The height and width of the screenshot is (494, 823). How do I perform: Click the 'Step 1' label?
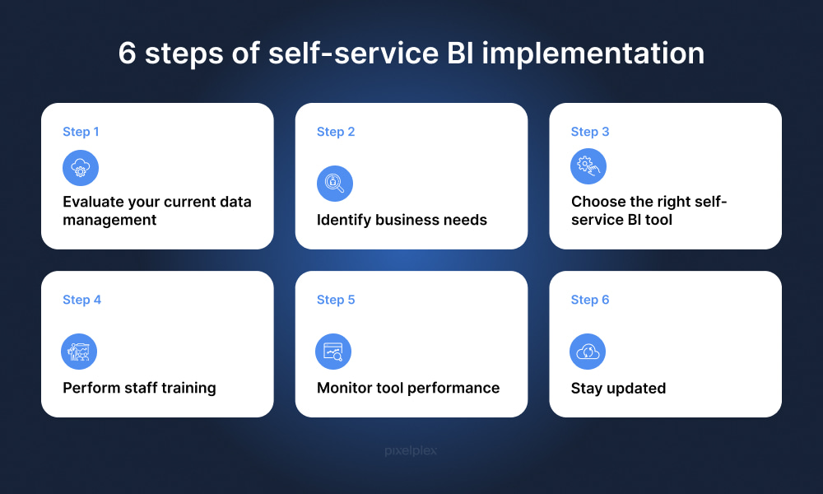click(x=81, y=132)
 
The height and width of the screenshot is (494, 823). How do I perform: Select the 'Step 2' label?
click(x=336, y=132)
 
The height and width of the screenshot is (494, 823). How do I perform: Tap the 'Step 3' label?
click(x=590, y=132)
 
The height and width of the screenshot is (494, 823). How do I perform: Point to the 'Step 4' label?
click(x=81, y=300)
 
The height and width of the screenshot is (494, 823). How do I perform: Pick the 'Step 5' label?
click(x=336, y=300)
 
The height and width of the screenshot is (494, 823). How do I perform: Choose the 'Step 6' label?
click(x=590, y=300)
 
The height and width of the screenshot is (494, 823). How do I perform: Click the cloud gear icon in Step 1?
click(x=81, y=168)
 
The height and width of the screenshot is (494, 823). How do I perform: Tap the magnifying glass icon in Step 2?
click(x=335, y=184)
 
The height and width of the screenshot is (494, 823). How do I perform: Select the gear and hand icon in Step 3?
click(x=588, y=166)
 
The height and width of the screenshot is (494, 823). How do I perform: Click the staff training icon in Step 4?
click(x=79, y=352)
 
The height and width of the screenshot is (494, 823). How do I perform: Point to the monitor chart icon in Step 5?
click(x=333, y=352)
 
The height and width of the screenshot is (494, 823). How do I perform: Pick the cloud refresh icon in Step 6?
click(x=588, y=352)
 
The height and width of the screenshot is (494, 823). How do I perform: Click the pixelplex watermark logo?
click(x=411, y=450)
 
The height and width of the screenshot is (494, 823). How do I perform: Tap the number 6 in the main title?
click(x=127, y=53)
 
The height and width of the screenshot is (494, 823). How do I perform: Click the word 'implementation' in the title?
click(x=593, y=54)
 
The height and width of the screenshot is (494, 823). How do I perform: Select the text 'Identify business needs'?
click(x=402, y=220)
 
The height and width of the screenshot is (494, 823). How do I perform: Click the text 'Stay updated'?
click(x=618, y=389)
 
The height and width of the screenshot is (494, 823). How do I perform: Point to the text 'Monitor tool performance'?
click(x=408, y=388)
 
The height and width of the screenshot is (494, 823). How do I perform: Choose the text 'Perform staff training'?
click(x=139, y=388)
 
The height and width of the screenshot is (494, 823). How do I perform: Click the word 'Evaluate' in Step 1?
click(x=93, y=202)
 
